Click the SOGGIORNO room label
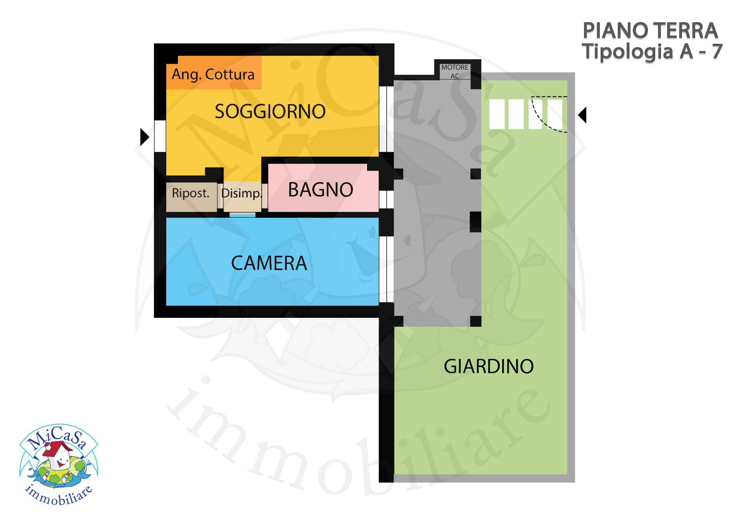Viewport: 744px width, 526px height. pyautogui.click(x=270, y=112)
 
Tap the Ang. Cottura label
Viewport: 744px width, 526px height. pyautogui.click(x=213, y=74)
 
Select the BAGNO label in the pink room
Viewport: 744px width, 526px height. pyautogui.click(x=320, y=190)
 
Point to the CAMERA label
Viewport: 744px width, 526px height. pyautogui.click(x=269, y=263)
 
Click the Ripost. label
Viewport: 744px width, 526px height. pyautogui.click(x=191, y=193)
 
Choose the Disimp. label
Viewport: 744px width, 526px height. pyautogui.click(x=241, y=193)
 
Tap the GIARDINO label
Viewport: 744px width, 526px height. pyautogui.click(x=489, y=366)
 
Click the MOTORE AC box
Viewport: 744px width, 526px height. pyautogui.click(x=455, y=71)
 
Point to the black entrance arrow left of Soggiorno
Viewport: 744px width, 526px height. pyautogui.click(x=145, y=137)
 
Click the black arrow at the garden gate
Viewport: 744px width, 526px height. pyautogui.click(x=582, y=115)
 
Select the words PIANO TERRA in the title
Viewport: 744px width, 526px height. pyautogui.click(x=650, y=31)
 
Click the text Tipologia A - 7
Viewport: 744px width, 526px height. pyautogui.click(x=653, y=52)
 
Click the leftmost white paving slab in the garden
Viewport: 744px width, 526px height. pyautogui.click(x=497, y=114)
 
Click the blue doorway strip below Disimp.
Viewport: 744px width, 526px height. pyautogui.click(x=243, y=215)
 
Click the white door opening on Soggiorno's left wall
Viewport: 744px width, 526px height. pyautogui.click(x=160, y=136)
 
